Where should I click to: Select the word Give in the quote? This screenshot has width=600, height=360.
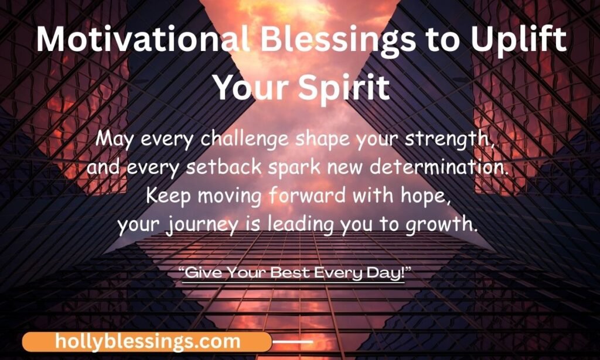point(203,273)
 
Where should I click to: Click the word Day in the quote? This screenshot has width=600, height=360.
point(387,274)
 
